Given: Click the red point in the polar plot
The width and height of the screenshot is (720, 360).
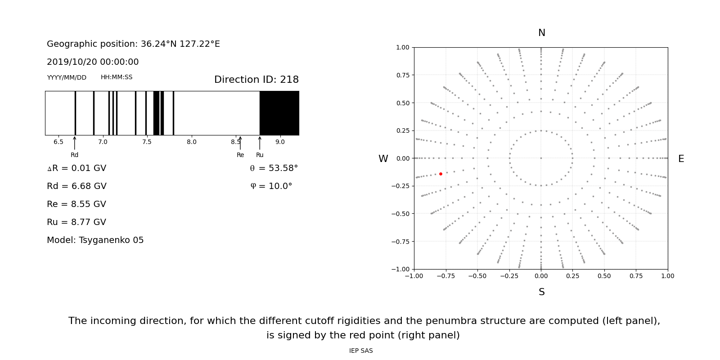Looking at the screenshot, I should tap(441, 174).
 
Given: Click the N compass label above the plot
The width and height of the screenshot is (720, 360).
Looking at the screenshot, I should tap(541, 33).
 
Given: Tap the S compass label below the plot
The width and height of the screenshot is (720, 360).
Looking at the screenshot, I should tap(541, 292).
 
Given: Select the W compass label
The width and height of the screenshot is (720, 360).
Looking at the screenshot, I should tap(383, 159).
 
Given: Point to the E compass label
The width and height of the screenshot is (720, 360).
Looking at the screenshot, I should tap(681, 159).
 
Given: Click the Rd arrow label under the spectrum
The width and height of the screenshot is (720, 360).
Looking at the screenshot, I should tap(74, 155).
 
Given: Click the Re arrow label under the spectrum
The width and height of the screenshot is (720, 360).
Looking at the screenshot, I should tap(240, 155).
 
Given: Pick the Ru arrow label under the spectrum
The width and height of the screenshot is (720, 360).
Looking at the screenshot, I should tap(260, 155).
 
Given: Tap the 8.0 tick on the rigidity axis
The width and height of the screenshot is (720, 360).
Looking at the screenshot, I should tap(191, 142).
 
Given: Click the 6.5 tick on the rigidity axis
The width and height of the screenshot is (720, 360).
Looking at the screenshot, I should tap(58, 142).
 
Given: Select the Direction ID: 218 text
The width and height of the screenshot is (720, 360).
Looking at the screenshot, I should tap(256, 80).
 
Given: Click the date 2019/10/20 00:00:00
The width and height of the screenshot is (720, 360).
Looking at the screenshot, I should tap(93, 62).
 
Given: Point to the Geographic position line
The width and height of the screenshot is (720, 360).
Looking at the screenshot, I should tap(133, 44).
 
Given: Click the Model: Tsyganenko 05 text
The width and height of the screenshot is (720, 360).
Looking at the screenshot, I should tap(95, 240).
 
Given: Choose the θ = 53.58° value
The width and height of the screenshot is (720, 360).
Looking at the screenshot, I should tap(274, 168).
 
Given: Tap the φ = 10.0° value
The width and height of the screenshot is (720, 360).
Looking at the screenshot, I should tap(271, 186).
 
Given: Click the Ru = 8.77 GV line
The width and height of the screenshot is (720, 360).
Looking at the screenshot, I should tap(76, 222).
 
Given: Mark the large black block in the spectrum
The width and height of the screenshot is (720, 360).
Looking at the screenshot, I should tap(279, 113).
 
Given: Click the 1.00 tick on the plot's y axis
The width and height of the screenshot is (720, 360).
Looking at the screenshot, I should tap(402, 47).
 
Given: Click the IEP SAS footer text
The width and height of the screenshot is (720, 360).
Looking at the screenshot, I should tap(360, 351).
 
